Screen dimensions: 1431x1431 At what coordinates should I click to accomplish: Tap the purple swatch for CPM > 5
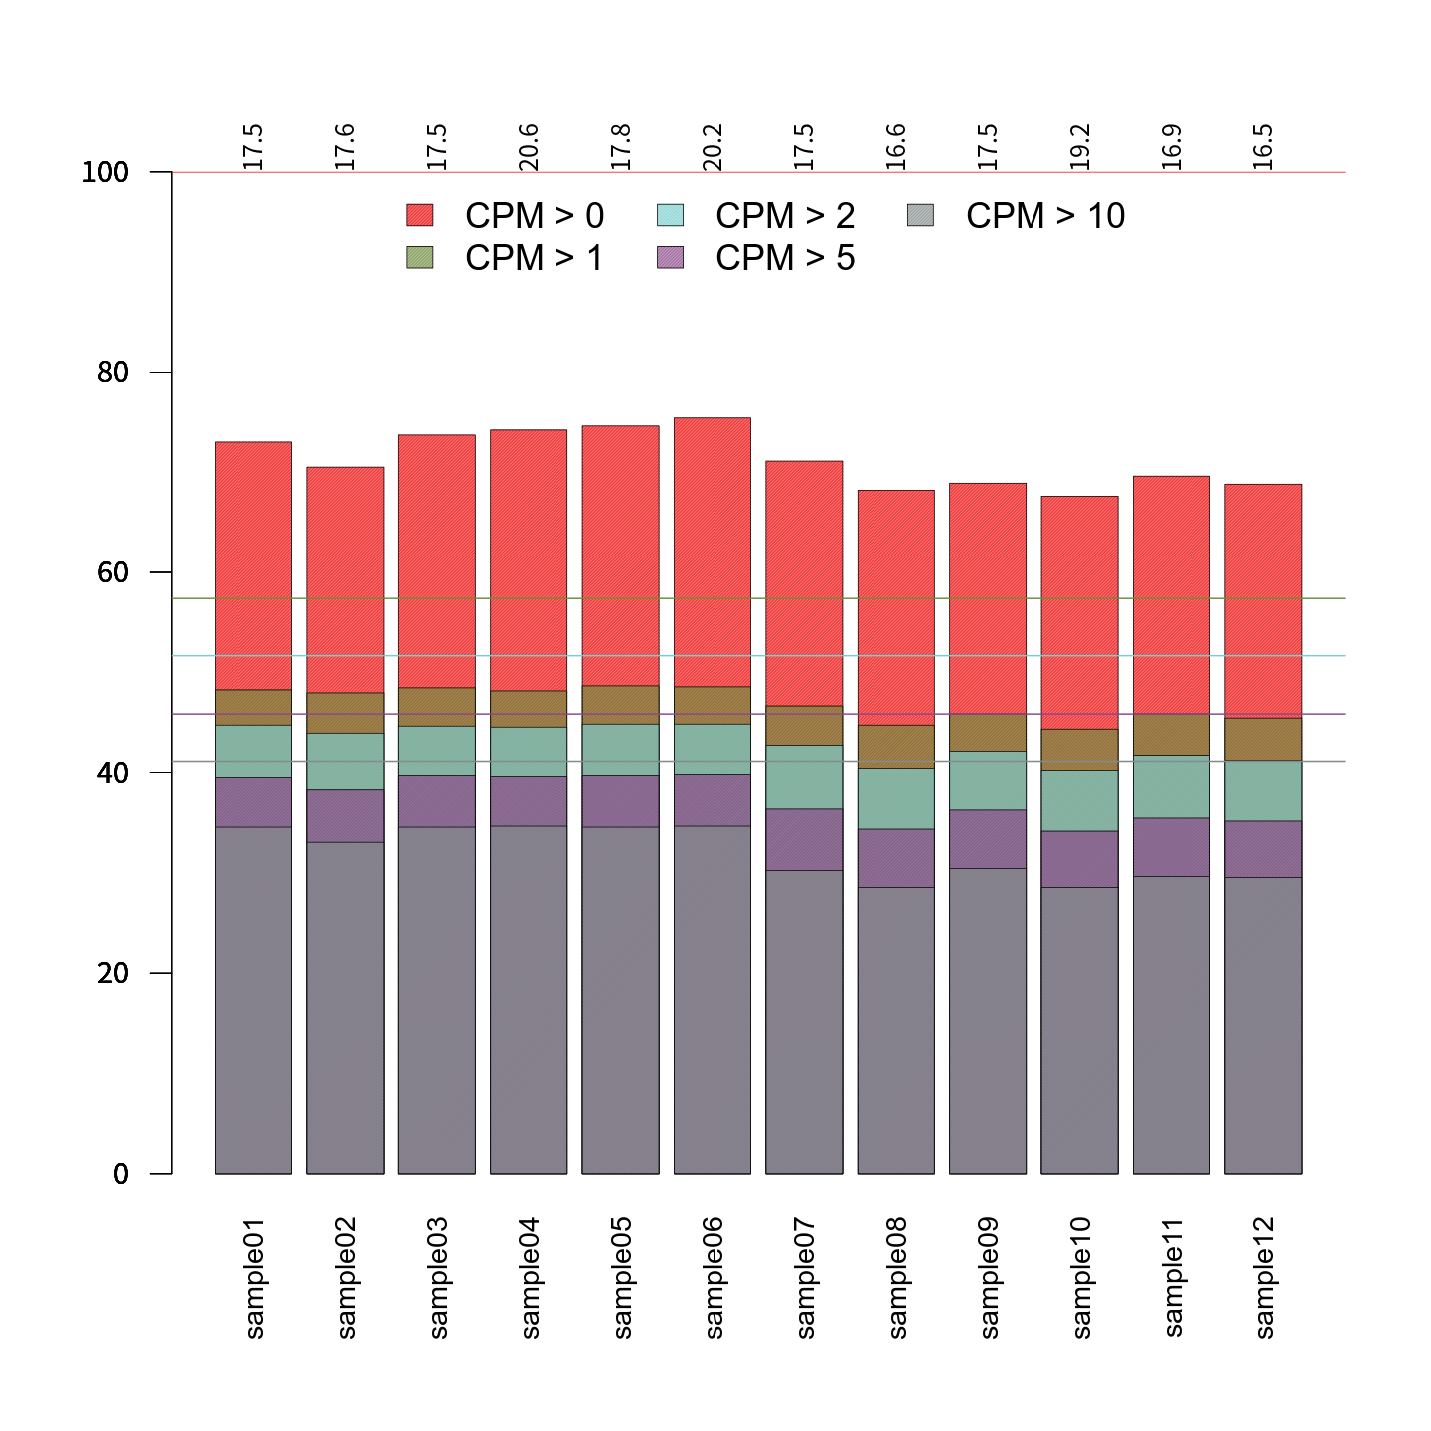tap(671, 258)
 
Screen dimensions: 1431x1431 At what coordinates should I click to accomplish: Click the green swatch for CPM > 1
tap(420, 258)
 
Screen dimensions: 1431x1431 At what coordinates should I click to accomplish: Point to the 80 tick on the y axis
tap(113, 373)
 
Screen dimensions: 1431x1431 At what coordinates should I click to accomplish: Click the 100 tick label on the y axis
tap(105, 172)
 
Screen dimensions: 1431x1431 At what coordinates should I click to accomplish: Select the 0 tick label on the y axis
tap(121, 1174)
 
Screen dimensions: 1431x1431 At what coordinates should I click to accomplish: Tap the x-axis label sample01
tap(254, 1278)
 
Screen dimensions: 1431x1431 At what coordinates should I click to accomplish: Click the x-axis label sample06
tap(713, 1278)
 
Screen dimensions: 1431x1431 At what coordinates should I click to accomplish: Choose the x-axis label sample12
tap(1263, 1278)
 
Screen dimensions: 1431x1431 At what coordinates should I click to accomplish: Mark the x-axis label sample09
tap(988, 1278)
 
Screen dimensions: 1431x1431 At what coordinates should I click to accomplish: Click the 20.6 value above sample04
tap(529, 147)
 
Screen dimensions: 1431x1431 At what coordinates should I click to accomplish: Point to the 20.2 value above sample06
tap(713, 147)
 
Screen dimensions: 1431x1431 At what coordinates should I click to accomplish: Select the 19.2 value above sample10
tap(1079, 147)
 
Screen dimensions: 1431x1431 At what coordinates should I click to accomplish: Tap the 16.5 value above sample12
tap(1263, 147)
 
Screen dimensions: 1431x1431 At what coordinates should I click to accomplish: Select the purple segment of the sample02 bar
tap(345, 816)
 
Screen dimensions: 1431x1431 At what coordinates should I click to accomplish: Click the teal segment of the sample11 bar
tap(1172, 787)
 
